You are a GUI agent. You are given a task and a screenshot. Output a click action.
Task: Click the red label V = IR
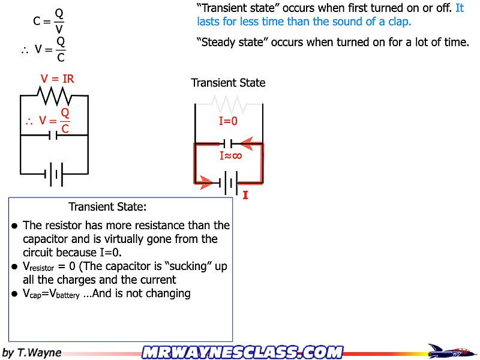click(58, 79)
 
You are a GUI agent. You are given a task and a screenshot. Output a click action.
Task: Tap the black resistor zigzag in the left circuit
click(55, 95)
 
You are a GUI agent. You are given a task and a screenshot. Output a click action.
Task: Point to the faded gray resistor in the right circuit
click(229, 104)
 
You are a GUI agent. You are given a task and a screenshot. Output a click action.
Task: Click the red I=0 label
click(229, 121)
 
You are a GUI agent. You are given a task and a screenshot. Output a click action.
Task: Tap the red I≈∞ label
click(230, 156)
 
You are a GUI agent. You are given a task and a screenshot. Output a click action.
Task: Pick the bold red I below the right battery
click(245, 195)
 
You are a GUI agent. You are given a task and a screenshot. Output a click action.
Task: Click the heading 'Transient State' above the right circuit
click(228, 83)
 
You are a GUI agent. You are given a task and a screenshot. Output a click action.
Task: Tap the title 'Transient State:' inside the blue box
click(107, 207)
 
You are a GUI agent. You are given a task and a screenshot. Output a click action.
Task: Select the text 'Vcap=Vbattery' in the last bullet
click(51, 294)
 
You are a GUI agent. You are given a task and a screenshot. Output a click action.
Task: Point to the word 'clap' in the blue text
click(398, 22)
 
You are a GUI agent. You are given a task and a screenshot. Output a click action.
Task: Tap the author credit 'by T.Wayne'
click(32, 352)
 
